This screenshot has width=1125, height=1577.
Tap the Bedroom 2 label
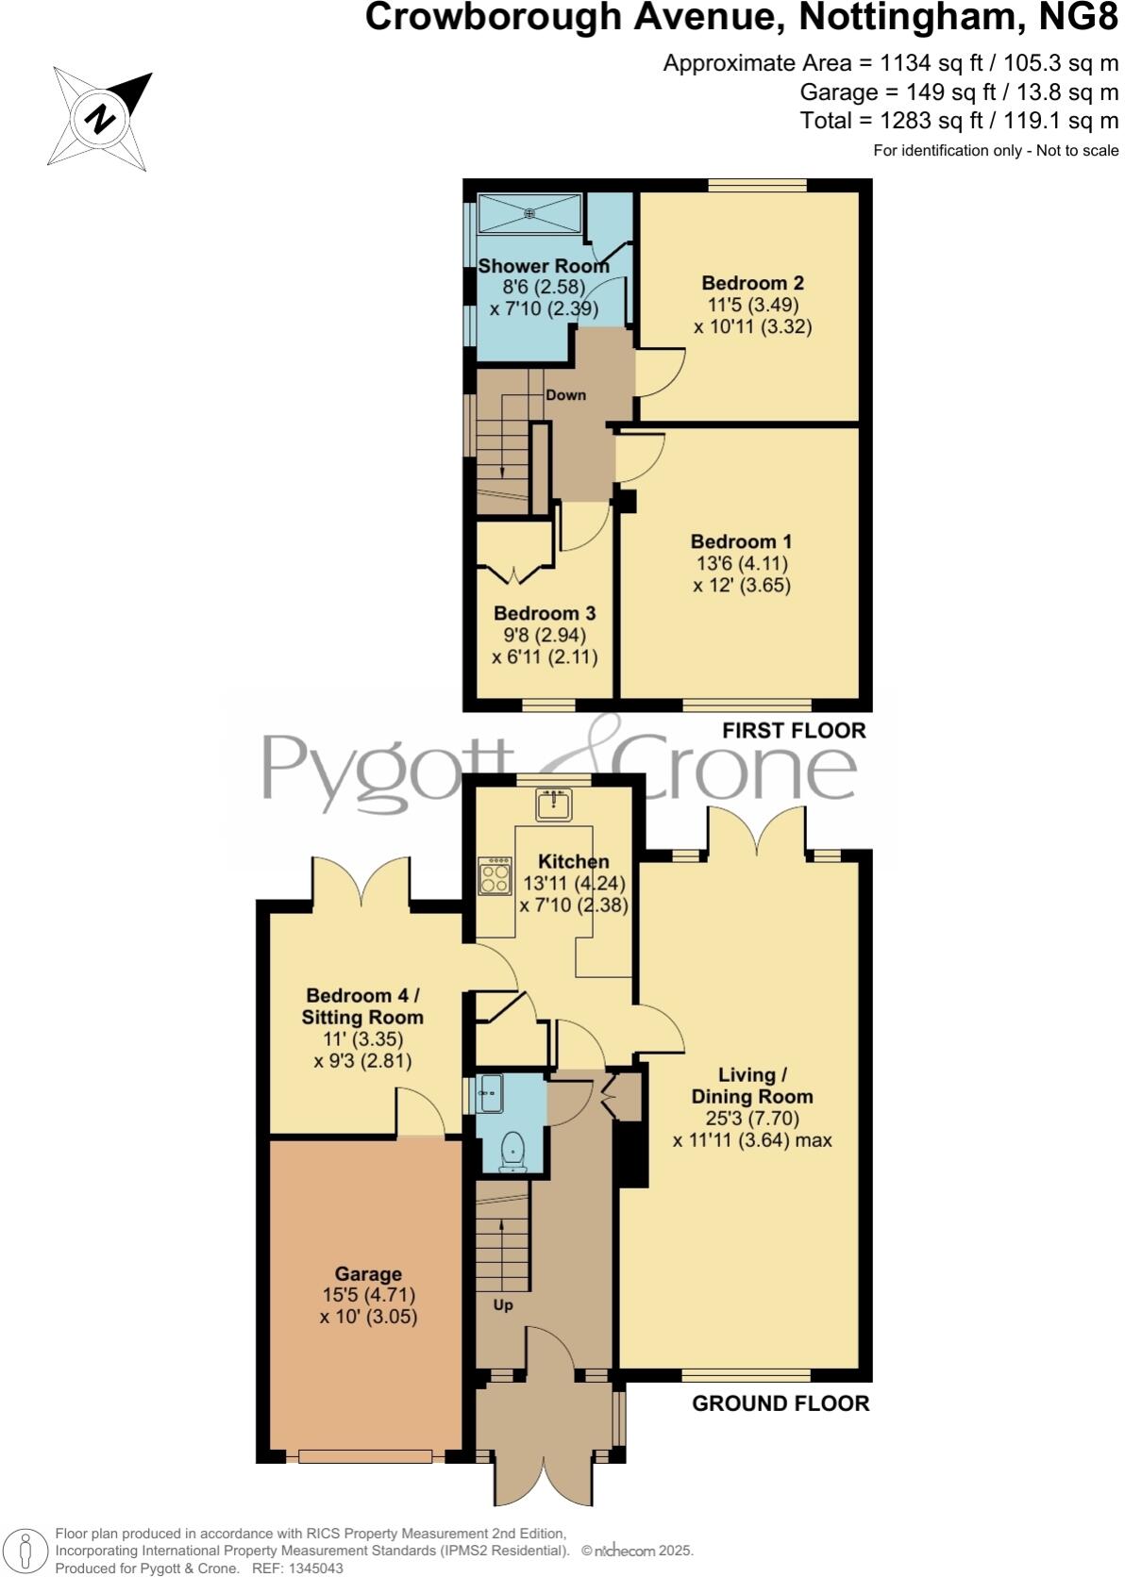752,283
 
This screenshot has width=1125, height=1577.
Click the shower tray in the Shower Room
529,213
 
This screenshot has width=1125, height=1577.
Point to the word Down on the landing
565,395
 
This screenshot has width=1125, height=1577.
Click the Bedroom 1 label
741,541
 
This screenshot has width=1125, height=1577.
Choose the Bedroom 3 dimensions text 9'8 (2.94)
545,635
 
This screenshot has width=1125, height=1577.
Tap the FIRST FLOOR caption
793,730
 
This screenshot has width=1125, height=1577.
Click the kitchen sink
554,804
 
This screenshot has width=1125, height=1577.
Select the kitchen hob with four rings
495,875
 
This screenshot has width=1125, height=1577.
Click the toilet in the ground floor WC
512,1152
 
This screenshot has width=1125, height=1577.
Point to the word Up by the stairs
503,1305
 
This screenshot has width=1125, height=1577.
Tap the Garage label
368,1273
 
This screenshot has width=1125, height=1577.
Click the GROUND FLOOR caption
781,1403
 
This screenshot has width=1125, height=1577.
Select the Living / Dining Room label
751,1086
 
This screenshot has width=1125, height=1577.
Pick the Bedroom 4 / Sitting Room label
362,1006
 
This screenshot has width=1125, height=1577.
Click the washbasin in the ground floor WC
491,1094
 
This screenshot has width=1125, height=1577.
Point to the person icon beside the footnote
26,1551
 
